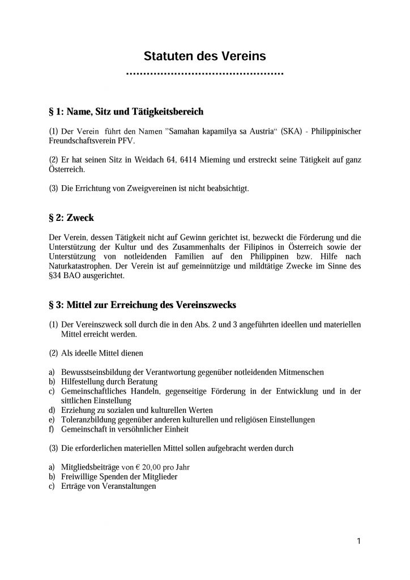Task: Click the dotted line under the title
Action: click(204, 74)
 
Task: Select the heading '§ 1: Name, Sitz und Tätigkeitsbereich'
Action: click(126, 110)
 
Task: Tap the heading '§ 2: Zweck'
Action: click(71, 217)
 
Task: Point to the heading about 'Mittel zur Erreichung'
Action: click(143, 305)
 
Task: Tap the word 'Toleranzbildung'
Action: click(86, 420)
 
